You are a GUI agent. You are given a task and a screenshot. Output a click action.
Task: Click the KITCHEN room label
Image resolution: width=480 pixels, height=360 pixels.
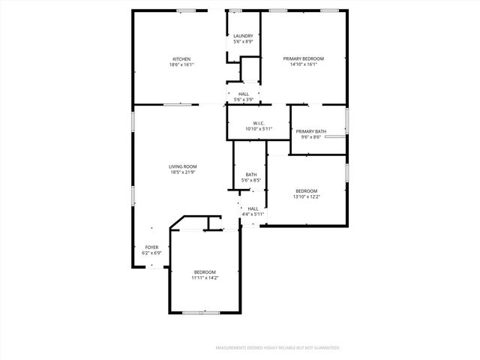click(x=181, y=59)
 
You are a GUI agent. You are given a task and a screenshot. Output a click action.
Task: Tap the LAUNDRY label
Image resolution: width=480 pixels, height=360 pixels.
click(x=243, y=36)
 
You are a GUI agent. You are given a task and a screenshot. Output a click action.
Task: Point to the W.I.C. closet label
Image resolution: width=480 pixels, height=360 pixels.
click(x=259, y=123)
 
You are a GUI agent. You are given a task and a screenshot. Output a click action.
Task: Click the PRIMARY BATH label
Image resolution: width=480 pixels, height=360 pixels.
click(x=310, y=131)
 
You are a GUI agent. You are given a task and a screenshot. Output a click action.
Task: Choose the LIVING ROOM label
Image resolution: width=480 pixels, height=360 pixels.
click(x=182, y=166)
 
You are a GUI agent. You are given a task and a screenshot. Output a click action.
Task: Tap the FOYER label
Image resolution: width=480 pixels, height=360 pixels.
click(x=151, y=247)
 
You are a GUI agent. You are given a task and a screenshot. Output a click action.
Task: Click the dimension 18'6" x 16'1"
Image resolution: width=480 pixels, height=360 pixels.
click(x=181, y=65)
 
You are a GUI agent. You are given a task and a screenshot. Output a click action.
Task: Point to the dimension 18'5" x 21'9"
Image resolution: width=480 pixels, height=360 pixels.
click(x=182, y=172)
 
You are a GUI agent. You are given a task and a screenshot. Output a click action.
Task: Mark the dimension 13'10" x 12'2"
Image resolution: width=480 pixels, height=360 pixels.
click(x=306, y=196)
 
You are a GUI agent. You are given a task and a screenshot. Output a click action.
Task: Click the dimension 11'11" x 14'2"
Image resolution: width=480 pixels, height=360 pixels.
click(x=205, y=277)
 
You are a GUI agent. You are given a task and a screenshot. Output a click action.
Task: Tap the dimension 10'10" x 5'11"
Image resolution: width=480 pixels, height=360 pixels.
click(x=259, y=129)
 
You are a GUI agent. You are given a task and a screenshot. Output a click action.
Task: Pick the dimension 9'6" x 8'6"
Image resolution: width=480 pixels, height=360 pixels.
click(x=310, y=137)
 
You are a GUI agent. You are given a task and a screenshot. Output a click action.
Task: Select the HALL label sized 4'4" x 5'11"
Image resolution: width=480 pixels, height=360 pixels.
click(x=253, y=208)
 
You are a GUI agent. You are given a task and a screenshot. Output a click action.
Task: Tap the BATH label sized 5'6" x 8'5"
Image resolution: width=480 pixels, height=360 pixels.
click(x=251, y=175)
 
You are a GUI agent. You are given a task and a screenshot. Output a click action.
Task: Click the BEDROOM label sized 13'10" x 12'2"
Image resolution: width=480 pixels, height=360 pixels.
click(x=306, y=190)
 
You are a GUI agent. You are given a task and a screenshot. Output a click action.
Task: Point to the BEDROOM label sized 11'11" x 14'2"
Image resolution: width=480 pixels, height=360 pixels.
click(x=205, y=271)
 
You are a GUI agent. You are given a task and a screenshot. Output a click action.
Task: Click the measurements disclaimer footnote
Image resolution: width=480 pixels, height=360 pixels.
click(x=277, y=348)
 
